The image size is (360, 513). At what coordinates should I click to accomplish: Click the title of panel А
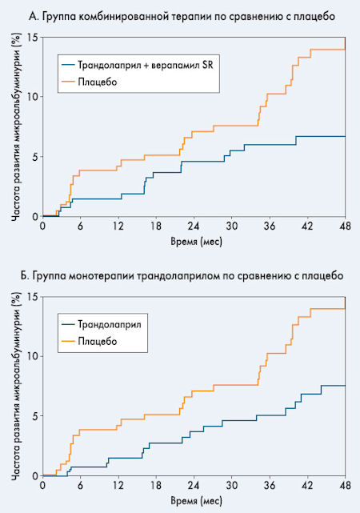coord(182,16)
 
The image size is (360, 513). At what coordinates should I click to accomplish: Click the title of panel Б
coord(182,276)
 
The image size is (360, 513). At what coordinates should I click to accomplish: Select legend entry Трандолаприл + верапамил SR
coord(138,65)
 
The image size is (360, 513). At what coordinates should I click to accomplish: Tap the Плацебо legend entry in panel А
coord(90,82)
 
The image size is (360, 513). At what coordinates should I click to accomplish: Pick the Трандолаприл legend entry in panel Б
coord(102,324)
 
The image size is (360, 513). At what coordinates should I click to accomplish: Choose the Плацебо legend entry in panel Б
coord(90,341)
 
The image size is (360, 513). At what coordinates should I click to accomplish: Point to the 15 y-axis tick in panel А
coord(34,38)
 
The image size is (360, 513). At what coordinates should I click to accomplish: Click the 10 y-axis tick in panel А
coord(34,97)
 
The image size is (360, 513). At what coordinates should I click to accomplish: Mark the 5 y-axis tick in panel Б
coord(35,416)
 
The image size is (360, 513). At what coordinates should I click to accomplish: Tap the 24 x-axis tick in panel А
coord(194,226)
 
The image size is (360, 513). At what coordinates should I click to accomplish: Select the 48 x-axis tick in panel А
coord(345,226)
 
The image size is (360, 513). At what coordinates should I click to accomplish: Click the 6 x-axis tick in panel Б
coord(81,486)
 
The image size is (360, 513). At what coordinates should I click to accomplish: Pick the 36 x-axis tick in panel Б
coord(270,486)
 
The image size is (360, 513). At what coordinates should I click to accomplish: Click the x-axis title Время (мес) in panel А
coord(196,242)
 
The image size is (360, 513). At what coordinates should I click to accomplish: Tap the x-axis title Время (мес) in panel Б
coord(196,500)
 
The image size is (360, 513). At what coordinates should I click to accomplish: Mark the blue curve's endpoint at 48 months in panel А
coord(345,136)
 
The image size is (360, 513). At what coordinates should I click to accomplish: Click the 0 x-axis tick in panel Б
coord(43,486)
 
